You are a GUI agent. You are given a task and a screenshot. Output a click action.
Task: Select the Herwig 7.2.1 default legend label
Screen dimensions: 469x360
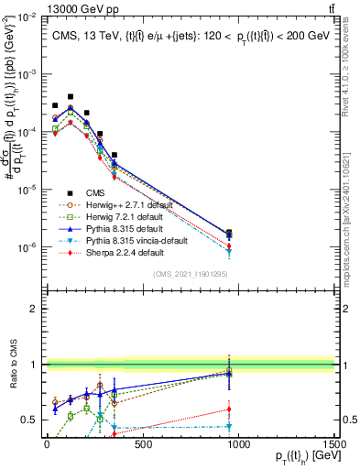[x=119, y=217]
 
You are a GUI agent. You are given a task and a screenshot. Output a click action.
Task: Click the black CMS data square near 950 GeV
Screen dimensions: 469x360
[x=228, y=233]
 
